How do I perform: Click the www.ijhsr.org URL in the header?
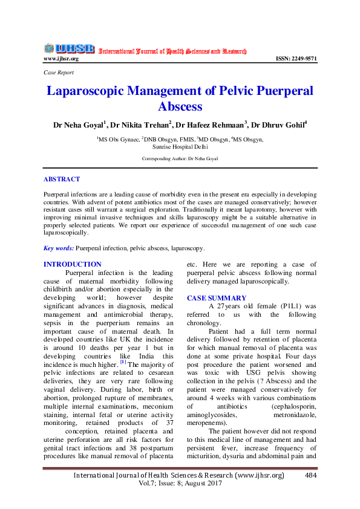[x=61, y=59]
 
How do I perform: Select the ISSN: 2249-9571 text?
[x=296, y=59]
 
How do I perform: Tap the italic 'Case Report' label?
[x=59, y=72]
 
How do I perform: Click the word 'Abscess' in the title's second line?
[x=180, y=107]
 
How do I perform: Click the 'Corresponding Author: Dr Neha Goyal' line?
[x=180, y=158]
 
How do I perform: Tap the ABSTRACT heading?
[x=62, y=180]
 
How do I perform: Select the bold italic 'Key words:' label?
[x=59, y=248]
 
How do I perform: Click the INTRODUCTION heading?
[x=73, y=264]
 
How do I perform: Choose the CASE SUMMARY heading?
[x=217, y=298]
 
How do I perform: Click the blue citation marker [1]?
[x=123, y=362]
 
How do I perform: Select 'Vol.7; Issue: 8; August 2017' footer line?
[x=179, y=485]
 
